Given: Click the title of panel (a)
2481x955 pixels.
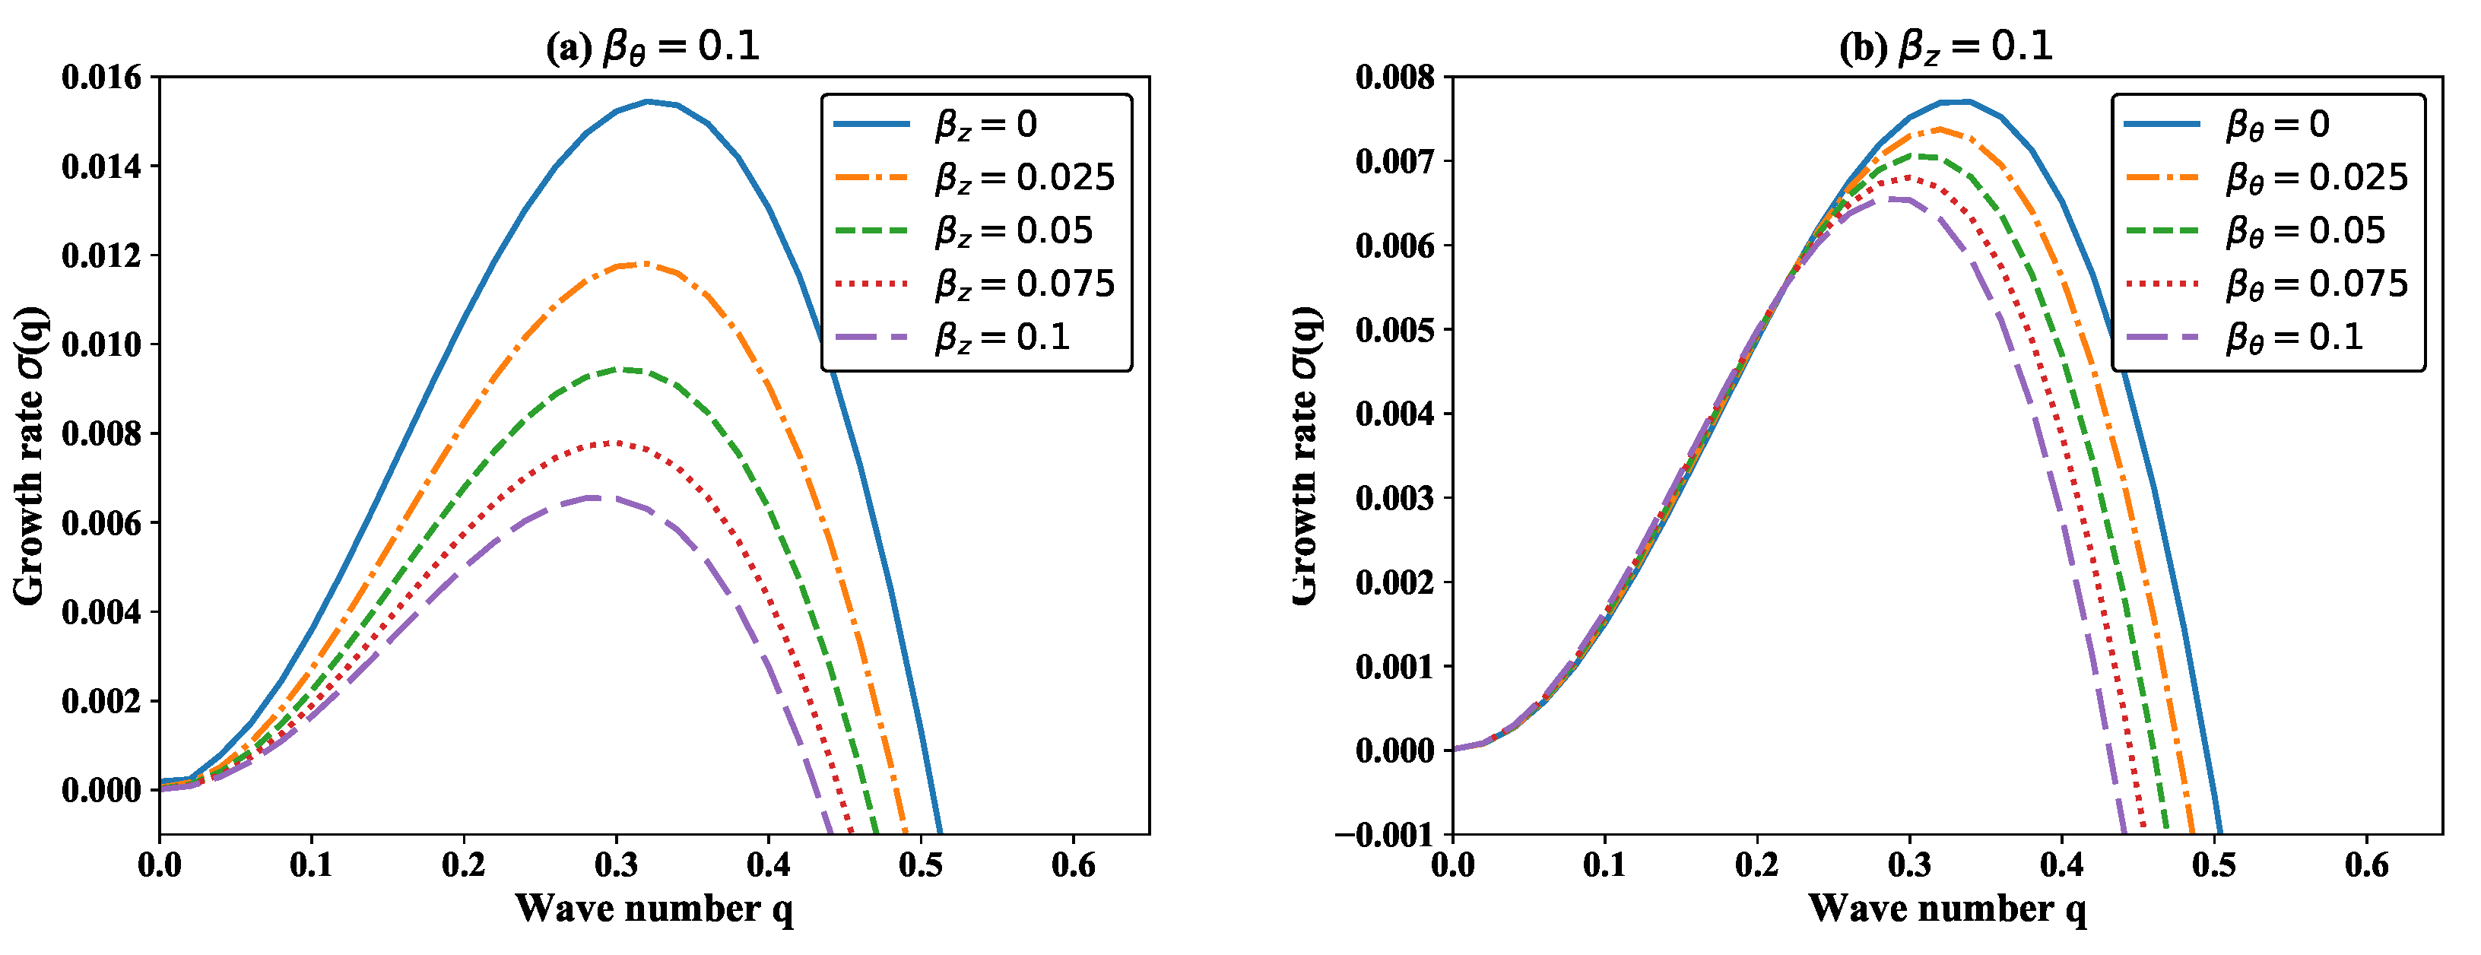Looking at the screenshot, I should [653, 46].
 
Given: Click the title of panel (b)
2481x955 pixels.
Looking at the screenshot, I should [1946, 46].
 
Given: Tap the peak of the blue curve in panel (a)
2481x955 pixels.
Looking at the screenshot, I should [647, 101].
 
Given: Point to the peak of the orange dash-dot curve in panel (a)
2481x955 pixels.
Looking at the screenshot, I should [643, 263].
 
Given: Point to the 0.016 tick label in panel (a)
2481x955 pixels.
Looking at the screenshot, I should [100, 77].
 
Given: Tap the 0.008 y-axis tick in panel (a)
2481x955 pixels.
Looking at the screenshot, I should [100, 433].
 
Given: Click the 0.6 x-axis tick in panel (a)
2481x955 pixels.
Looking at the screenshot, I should [1073, 865].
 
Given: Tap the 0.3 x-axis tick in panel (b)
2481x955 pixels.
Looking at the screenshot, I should [1909, 865].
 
